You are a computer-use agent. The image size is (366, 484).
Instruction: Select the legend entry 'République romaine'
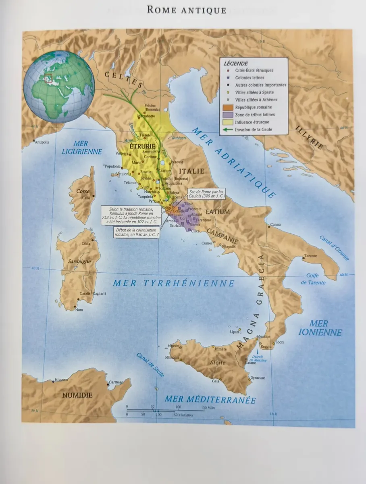point(254,107)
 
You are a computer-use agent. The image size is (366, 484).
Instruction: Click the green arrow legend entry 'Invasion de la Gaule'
point(254,129)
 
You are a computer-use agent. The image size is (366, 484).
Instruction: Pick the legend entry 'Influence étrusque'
point(252,122)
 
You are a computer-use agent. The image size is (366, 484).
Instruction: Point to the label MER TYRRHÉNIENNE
point(173,284)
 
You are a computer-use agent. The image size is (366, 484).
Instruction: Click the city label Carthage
point(116,382)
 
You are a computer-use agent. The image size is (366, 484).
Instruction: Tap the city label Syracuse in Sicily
point(258,378)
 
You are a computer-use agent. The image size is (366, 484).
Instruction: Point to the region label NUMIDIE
point(78,395)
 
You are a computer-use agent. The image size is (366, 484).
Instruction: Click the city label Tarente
point(310,256)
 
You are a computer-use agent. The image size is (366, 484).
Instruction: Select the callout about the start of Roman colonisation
point(136,232)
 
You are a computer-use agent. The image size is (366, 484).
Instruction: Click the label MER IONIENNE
point(320,328)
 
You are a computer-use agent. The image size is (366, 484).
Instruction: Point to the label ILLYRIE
point(309,138)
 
